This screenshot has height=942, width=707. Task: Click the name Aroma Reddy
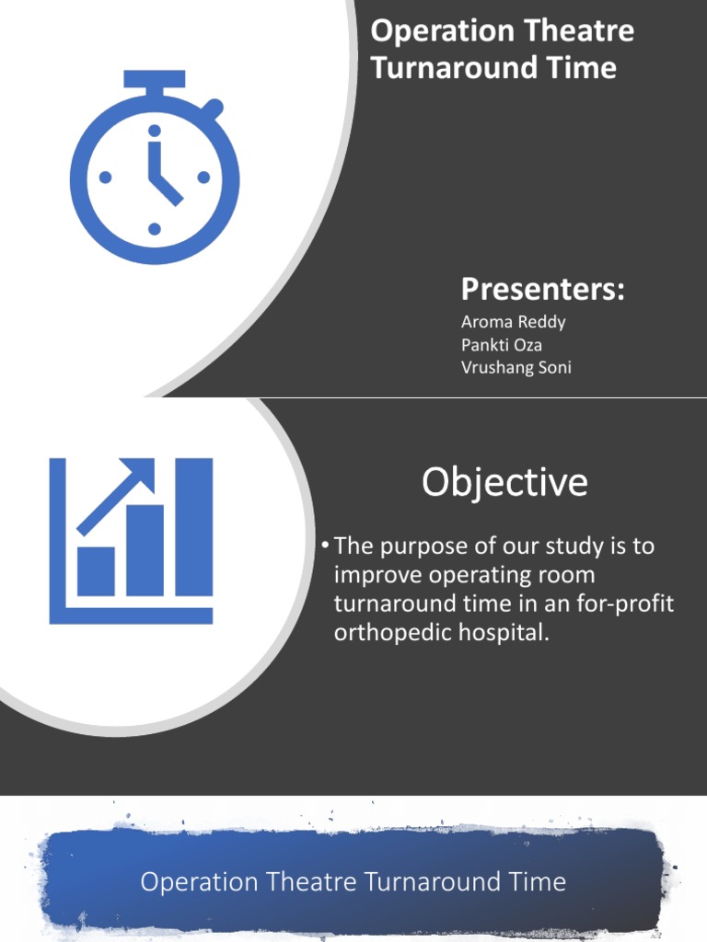pyautogui.click(x=513, y=322)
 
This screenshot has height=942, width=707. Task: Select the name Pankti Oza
pyautogui.click(x=502, y=345)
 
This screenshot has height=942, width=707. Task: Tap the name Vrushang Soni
pyautogui.click(x=516, y=368)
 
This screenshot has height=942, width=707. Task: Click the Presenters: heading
pyautogui.click(x=542, y=289)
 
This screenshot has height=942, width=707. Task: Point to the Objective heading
pyautogui.click(x=504, y=482)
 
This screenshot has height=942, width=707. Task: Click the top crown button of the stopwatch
pyautogui.click(x=155, y=80)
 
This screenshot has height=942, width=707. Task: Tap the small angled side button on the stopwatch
pyautogui.click(x=213, y=109)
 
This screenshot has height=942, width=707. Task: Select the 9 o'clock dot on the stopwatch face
pyautogui.click(x=105, y=178)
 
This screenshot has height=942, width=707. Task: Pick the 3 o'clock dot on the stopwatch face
pyautogui.click(x=204, y=178)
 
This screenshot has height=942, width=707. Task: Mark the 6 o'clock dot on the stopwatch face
pyautogui.click(x=155, y=228)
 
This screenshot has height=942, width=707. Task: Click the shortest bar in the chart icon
pyautogui.click(x=96, y=571)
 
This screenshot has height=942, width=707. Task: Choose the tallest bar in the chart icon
pyautogui.click(x=194, y=527)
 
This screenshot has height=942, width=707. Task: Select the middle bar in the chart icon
pyautogui.click(x=145, y=550)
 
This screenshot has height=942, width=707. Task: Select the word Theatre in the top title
pyautogui.click(x=578, y=31)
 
